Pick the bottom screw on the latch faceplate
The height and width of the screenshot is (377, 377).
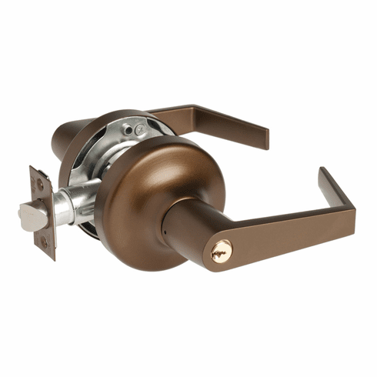click(x=44, y=242)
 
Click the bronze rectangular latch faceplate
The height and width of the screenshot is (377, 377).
click(x=43, y=211)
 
